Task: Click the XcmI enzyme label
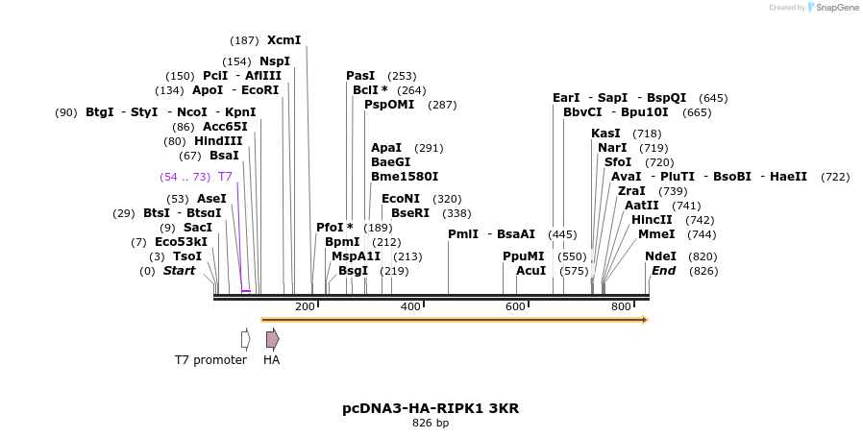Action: pos(284,40)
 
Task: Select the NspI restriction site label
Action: pos(275,61)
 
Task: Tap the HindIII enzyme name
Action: pos(218,141)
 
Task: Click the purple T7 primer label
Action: pos(225,177)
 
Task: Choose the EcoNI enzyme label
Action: pos(401,199)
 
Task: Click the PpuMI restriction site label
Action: pos(524,256)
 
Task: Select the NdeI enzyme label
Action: pos(660,256)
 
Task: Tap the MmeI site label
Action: pos(656,234)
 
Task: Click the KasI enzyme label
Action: pos(605,134)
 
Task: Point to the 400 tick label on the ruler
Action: pos(410,306)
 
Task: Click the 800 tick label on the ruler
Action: pos(621,306)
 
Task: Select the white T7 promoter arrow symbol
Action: pos(246,339)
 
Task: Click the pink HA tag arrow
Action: pos(273,339)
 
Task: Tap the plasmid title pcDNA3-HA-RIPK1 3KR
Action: pos(431,408)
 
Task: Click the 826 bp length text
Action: pos(431,423)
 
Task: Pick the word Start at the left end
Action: pos(179,271)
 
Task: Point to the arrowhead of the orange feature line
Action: pos(645,320)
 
